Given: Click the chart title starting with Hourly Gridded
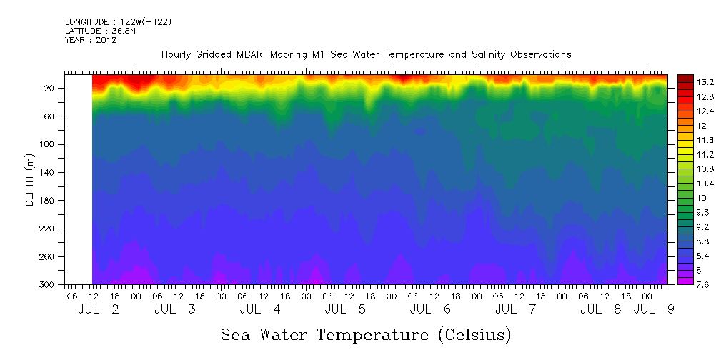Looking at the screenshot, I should pyautogui.click(x=366, y=54).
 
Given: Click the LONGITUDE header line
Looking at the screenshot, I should pyautogui.click(x=118, y=22).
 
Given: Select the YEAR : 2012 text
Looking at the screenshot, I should pyautogui.click(x=90, y=40).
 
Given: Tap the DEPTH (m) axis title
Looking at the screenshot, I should pyautogui.click(x=30, y=179).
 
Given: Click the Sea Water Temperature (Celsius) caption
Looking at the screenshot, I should pyautogui.click(x=366, y=334).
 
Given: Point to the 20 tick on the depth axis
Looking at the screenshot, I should pyautogui.click(x=50, y=89).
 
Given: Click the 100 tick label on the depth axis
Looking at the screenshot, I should pyautogui.click(x=48, y=144).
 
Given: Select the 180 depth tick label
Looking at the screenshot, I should pyautogui.click(x=48, y=201).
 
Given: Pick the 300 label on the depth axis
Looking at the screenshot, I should pyautogui.click(x=48, y=285).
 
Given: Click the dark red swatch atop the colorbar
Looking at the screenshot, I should pyautogui.click(x=685, y=78).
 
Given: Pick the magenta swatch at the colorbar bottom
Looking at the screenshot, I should pyautogui.click(x=685, y=281).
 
